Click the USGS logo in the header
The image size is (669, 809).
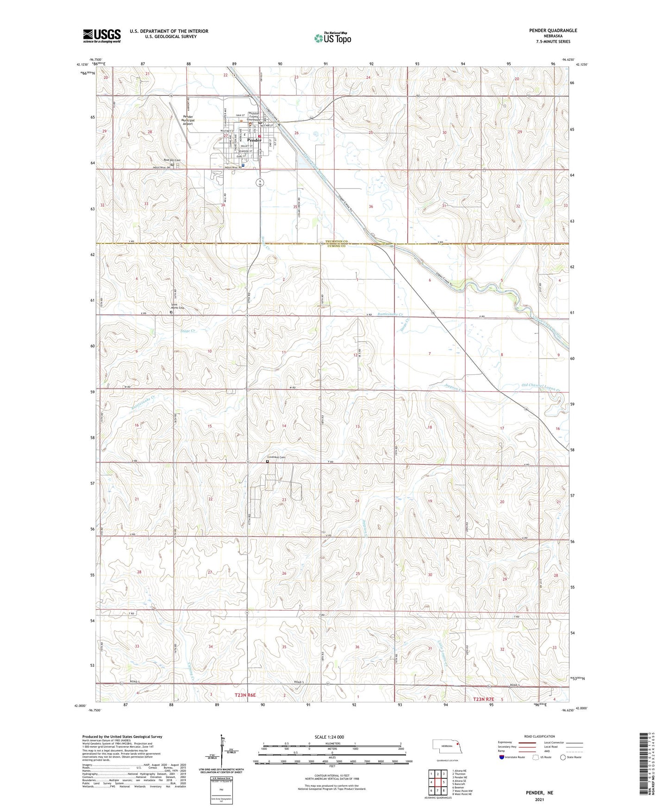(x=101, y=35)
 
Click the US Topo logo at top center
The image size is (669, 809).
(x=332, y=38)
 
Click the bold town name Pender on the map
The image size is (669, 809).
(x=255, y=140)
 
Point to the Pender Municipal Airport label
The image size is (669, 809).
(x=188, y=120)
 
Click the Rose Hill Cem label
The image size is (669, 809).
(x=171, y=160)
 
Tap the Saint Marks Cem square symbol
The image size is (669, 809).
(x=171, y=312)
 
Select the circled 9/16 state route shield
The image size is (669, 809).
(x=261, y=182)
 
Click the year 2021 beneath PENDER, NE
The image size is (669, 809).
(x=539, y=799)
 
